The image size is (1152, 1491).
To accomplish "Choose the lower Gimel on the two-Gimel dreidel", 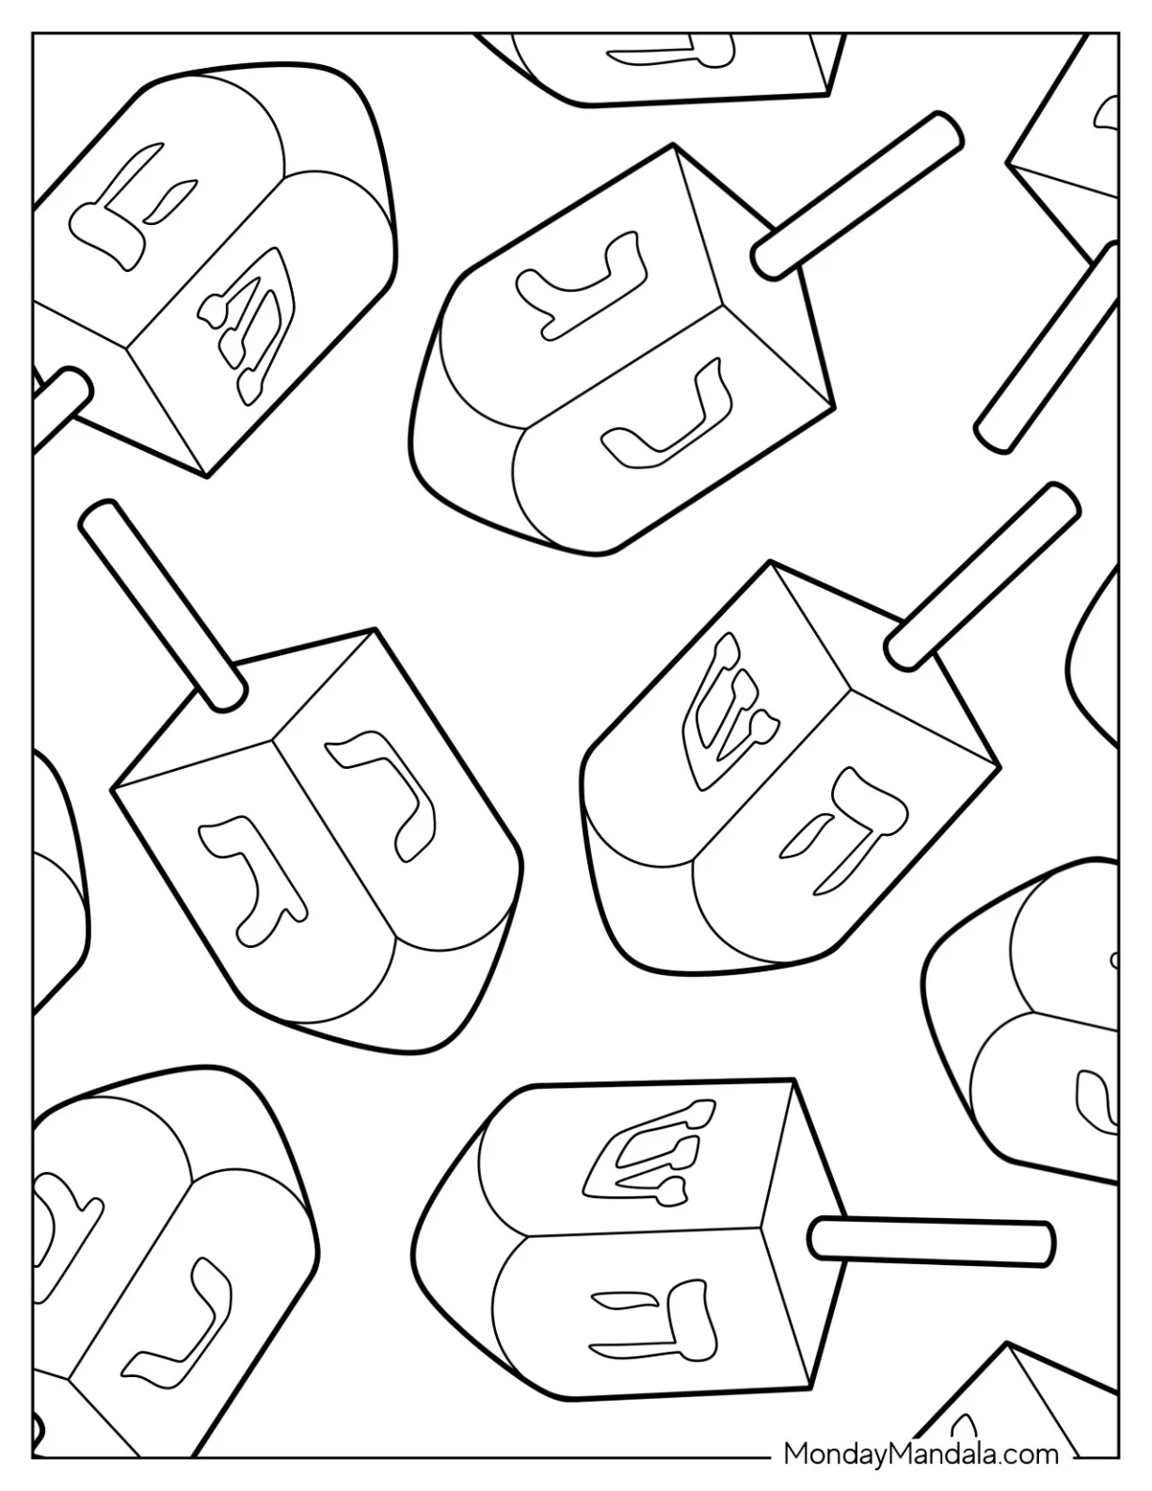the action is coord(664,410).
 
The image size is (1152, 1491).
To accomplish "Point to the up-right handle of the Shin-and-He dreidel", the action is coord(983,576).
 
